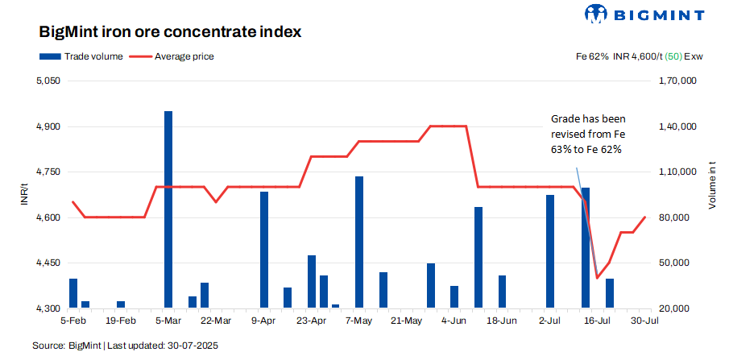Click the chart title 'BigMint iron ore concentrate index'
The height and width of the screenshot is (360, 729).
tap(170, 33)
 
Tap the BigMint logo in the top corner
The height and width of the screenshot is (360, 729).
tap(644, 14)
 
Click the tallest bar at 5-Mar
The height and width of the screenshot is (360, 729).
tap(168, 209)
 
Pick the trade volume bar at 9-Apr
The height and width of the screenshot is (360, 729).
tap(264, 250)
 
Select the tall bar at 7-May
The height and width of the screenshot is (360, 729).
tap(359, 242)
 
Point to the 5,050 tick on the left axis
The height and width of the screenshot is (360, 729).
tap(48, 81)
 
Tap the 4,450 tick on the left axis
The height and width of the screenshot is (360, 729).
tap(48, 263)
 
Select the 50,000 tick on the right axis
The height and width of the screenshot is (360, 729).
tap(674, 263)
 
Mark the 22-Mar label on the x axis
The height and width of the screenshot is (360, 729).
tap(216, 321)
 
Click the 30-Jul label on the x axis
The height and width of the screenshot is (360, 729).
tap(645, 321)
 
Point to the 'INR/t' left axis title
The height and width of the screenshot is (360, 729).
tap(24, 195)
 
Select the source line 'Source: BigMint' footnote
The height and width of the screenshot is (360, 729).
tap(126, 346)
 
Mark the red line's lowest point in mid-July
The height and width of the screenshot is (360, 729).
tap(598, 278)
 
